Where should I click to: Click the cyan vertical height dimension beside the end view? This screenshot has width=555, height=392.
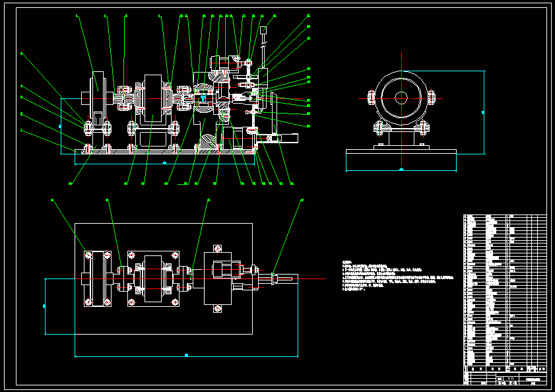(x=483, y=112)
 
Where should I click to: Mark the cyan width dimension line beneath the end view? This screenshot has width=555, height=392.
(x=401, y=170)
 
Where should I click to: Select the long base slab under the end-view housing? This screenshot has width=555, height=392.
(x=401, y=158)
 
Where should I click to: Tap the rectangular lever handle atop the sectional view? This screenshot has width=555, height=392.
(x=263, y=30)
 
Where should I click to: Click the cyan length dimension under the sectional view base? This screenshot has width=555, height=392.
(x=164, y=162)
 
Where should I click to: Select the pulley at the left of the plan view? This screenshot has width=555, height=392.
(x=98, y=279)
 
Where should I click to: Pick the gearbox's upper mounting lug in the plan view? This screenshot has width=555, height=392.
(x=217, y=249)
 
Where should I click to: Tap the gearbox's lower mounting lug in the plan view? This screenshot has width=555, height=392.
(x=217, y=309)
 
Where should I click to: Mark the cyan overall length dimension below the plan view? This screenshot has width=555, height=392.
(x=186, y=356)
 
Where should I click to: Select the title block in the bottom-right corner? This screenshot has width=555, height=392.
(x=505, y=377)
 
